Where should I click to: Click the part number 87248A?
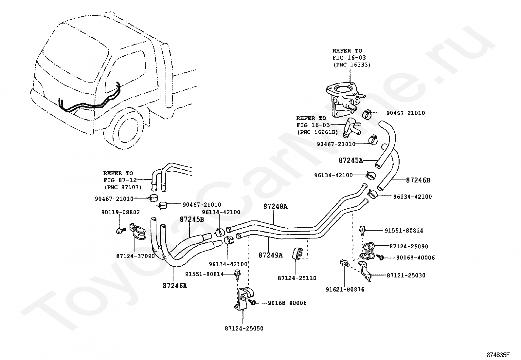[x=275, y=206]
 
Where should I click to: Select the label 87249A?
[x=271, y=255]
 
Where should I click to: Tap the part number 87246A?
[x=175, y=286]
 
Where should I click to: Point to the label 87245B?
[x=192, y=219]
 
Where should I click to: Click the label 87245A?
[x=351, y=161]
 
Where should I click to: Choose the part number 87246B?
[x=418, y=180]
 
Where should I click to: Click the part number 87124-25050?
[x=244, y=329]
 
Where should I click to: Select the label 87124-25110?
[x=297, y=278]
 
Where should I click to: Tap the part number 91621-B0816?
[x=345, y=290]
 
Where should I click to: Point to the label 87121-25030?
[x=406, y=275]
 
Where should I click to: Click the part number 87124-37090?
[x=135, y=256]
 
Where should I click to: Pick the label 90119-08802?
[x=120, y=212]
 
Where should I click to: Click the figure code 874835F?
[x=498, y=355]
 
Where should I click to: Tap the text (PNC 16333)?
[x=352, y=65]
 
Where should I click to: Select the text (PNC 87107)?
[x=123, y=187]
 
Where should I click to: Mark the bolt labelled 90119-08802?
[x=120, y=231]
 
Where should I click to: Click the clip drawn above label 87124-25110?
[x=297, y=253]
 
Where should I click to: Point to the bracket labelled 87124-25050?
[x=243, y=299]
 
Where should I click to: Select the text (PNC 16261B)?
[x=318, y=132]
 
